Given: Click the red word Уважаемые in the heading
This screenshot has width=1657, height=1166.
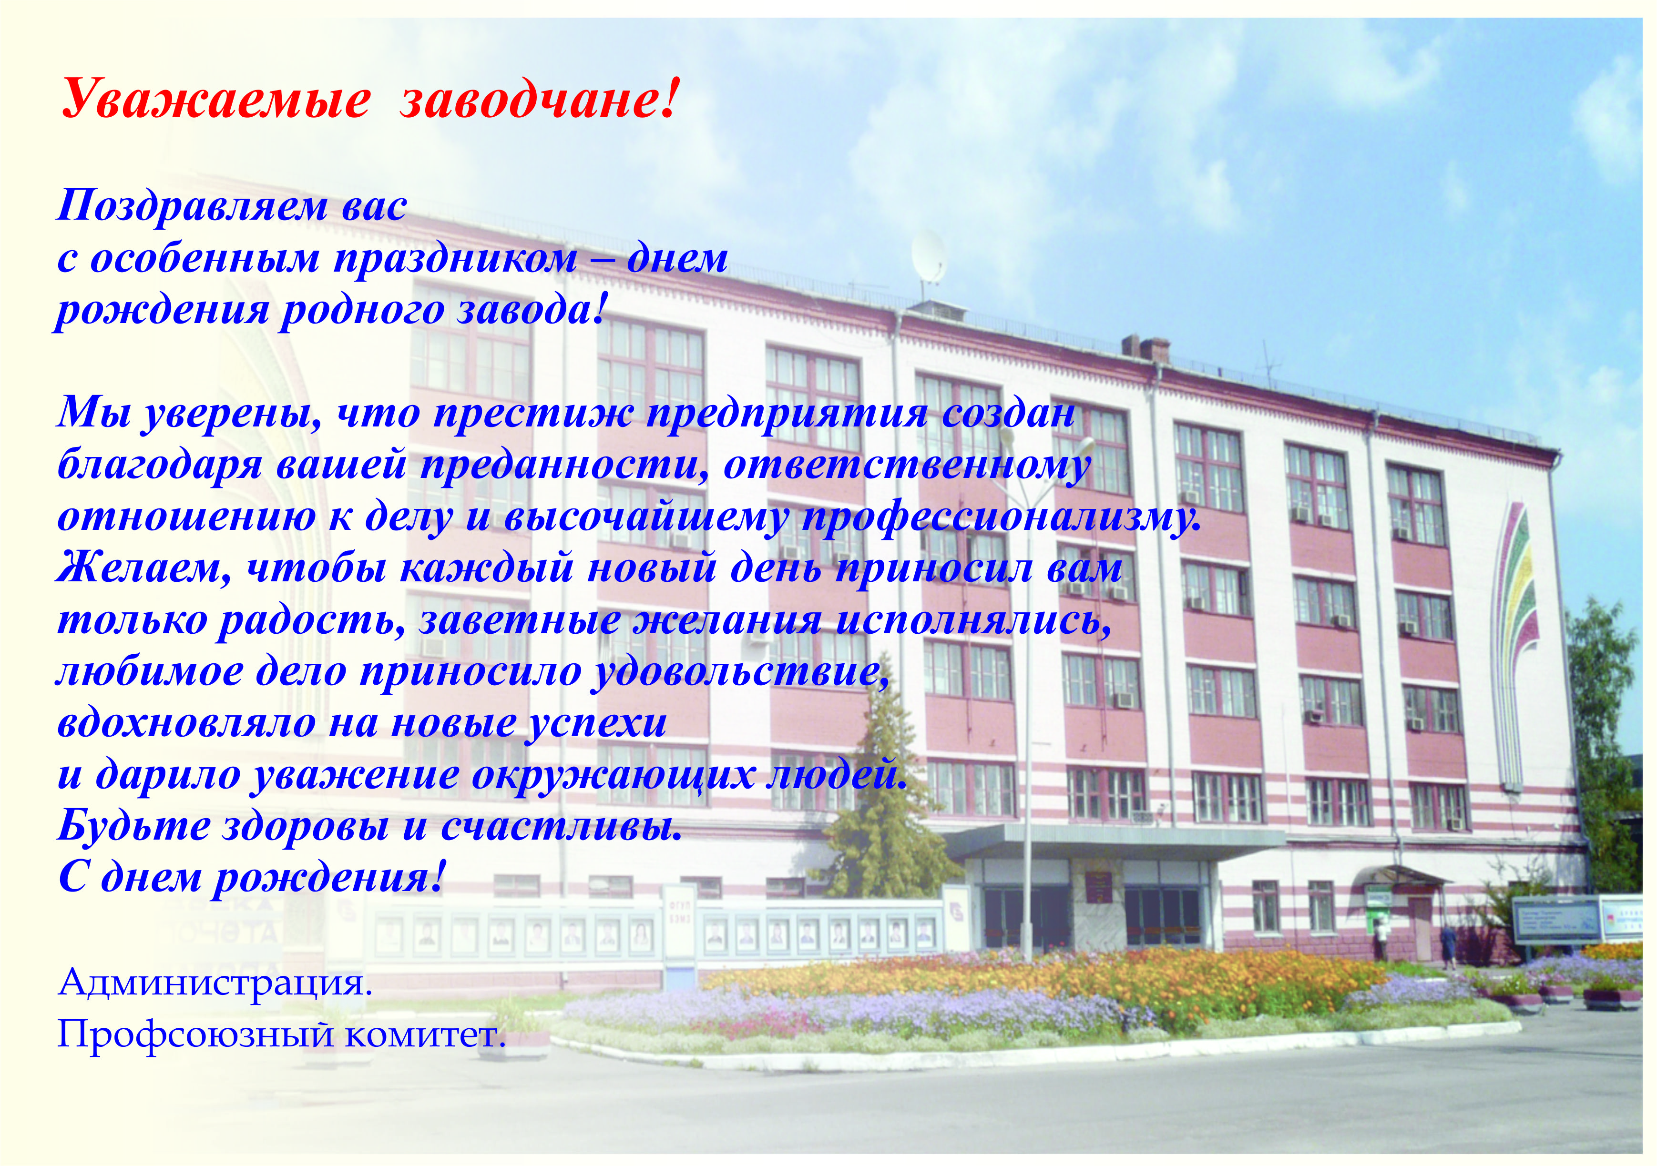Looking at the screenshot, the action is [x=215, y=100].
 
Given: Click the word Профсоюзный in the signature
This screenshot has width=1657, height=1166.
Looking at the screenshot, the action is [x=196, y=1037].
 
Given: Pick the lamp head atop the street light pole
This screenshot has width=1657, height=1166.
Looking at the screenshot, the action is [x=1083, y=444].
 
